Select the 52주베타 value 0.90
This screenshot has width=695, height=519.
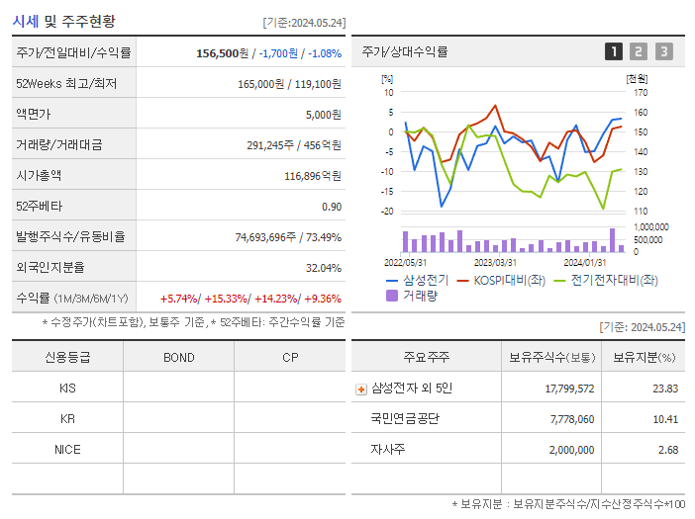[332, 207]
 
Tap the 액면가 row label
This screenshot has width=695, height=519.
[39, 115]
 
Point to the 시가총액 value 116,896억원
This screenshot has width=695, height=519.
[313, 176]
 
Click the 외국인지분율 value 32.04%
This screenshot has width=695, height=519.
[324, 268]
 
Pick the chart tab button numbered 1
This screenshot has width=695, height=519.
[614, 51]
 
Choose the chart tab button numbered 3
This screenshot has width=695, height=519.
[663, 51]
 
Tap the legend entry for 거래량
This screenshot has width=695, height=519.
[419, 295]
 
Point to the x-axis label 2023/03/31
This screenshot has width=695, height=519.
[495, 262]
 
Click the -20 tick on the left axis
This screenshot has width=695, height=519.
[387, 211]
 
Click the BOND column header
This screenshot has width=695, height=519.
[178, 357]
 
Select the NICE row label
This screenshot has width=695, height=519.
[67, 450]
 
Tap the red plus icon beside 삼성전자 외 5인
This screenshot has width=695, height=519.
[360, 389]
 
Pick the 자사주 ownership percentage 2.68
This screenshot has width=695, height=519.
[666, 450]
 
